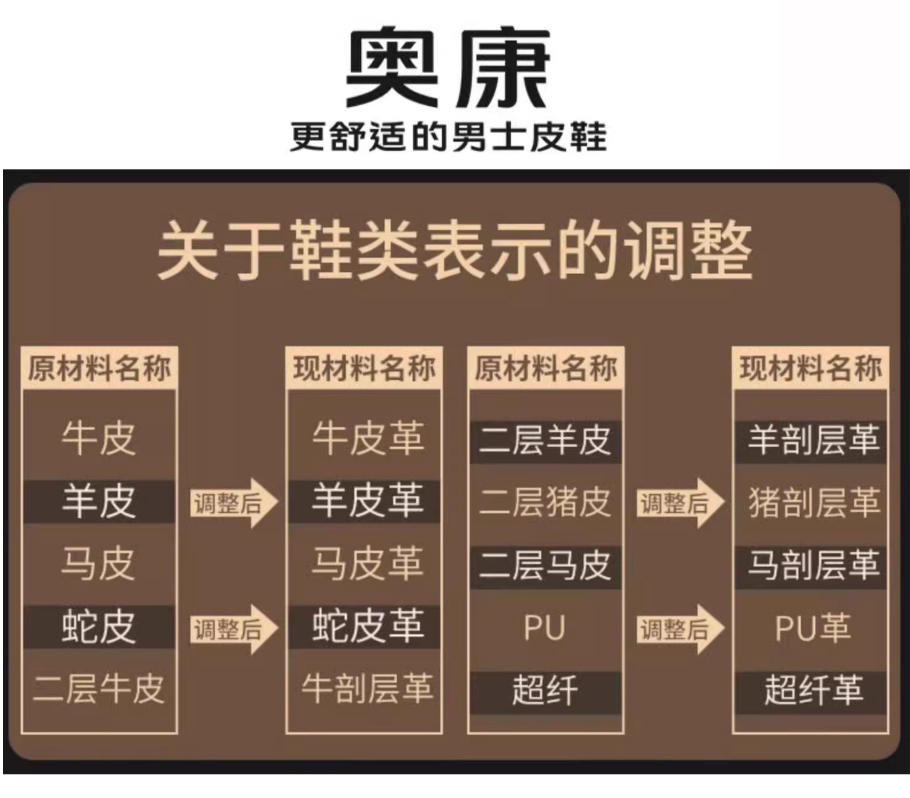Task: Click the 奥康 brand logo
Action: click(447, 67)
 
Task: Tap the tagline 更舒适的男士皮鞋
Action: click(447, 137)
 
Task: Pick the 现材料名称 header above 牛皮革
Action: click(364, 369)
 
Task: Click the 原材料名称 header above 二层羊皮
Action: click(545, 369)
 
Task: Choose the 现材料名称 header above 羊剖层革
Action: click(810, 369)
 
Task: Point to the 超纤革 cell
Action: click(813, 690)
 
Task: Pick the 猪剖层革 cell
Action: click(814, 502)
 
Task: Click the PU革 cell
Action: click(813, 627)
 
